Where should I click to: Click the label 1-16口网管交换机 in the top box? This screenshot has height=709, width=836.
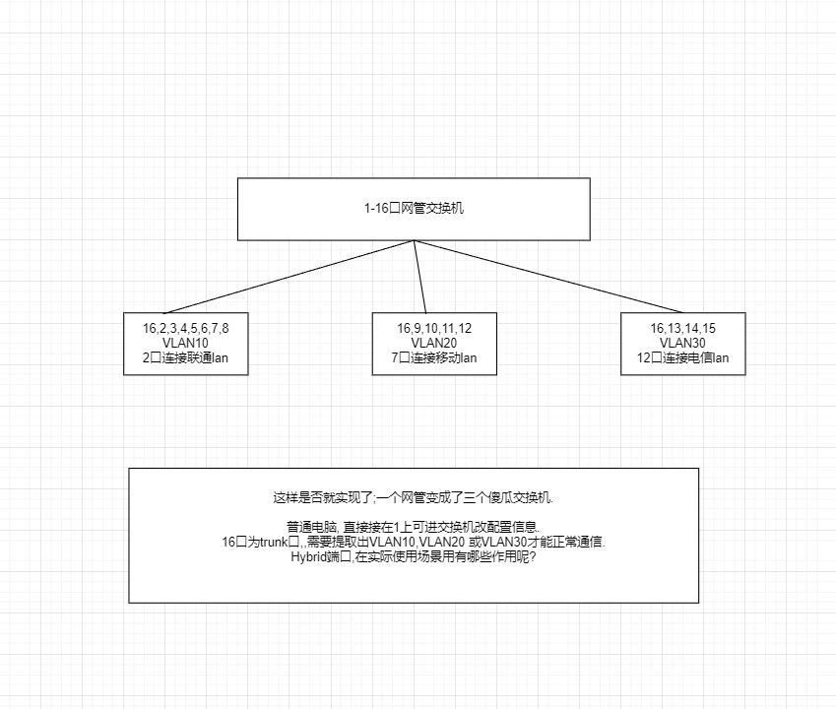(x=414, y=208)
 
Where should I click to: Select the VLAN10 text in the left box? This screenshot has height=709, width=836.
(x=185, y=343)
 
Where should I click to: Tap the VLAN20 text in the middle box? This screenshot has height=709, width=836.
(x=434, y=343)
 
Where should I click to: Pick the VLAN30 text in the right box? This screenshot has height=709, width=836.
(x=682, y=343)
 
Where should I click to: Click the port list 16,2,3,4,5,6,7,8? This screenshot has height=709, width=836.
(x=185, y=328)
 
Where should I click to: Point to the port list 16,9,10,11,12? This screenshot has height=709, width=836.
(x=434, y=328)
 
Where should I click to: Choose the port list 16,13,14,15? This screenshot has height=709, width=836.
(x=682, y=328)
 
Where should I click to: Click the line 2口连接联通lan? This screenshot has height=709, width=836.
(x=185, y=357)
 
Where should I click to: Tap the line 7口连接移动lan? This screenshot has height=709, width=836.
(x=434, y=357)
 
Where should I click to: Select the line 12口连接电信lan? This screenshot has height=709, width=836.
(x=682, y=357)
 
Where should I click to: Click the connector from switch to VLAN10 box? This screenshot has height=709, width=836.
(x=289, y=277)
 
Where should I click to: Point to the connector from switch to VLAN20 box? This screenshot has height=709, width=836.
(x=420, y=277)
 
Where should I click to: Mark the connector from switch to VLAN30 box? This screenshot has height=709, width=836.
(x=548, y=277)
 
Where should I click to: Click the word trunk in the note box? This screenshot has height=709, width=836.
(x=274, y=543)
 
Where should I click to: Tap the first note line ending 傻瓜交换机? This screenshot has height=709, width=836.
(x=414, y=498)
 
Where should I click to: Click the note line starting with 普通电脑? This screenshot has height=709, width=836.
(x=414, y=527)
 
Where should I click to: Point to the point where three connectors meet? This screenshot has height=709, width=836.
(x=414, y=241)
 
